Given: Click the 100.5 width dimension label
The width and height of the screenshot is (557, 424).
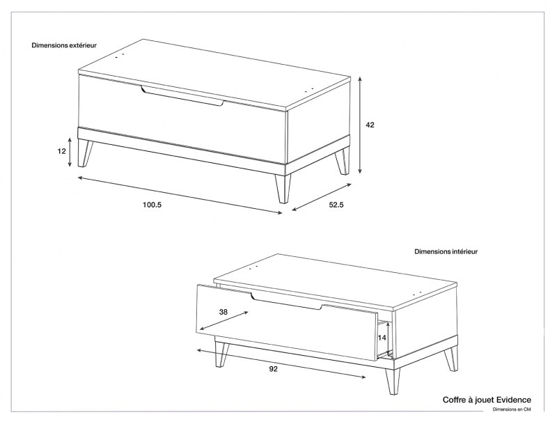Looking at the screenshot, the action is (x=152, y=205).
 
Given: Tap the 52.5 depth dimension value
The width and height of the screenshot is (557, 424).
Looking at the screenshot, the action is (x=336, y=205).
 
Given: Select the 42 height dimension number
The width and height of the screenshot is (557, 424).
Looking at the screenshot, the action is (x=370, y=125).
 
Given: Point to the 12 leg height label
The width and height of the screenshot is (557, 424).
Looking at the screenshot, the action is (x=62, y=151).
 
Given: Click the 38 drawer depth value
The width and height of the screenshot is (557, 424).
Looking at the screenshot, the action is (x=223, y=312).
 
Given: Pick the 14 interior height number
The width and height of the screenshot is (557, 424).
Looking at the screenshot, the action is (x=382, y=338).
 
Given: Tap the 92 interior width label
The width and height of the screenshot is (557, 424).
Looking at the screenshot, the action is (x=273, y=369).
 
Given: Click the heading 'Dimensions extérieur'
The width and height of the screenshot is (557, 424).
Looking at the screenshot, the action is (x=64, y=45).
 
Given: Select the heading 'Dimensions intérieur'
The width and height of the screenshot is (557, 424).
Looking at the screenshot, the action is (x=446, y=251).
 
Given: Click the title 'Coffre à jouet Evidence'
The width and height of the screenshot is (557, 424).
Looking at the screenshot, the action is (x=487, y=400).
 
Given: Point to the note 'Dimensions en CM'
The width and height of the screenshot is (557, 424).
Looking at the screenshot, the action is (x=512, y=409).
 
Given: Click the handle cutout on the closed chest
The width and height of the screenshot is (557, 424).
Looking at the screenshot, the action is (x=182, y=95).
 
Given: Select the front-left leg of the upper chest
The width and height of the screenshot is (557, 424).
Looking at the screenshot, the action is (x=84, y=152).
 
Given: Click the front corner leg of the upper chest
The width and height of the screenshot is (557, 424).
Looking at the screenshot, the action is (x=283, y=188).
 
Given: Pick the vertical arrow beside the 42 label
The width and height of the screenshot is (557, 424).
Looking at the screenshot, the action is (x=360, y=125).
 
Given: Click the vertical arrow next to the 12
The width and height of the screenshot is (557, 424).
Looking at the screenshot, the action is (x=70, y=152).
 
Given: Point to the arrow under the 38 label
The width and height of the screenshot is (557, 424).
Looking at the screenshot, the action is (x=223, y=321).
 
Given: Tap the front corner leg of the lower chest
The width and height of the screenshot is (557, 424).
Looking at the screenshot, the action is (x=393, y=381).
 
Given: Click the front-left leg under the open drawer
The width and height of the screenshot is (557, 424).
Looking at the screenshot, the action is (x=221, y=354).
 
